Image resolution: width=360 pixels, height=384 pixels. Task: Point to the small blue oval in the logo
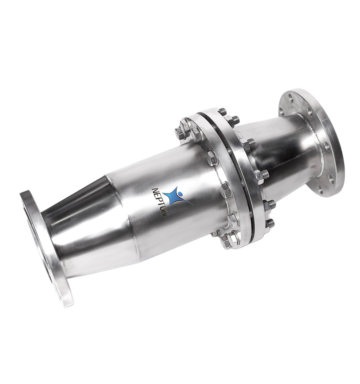181,193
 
